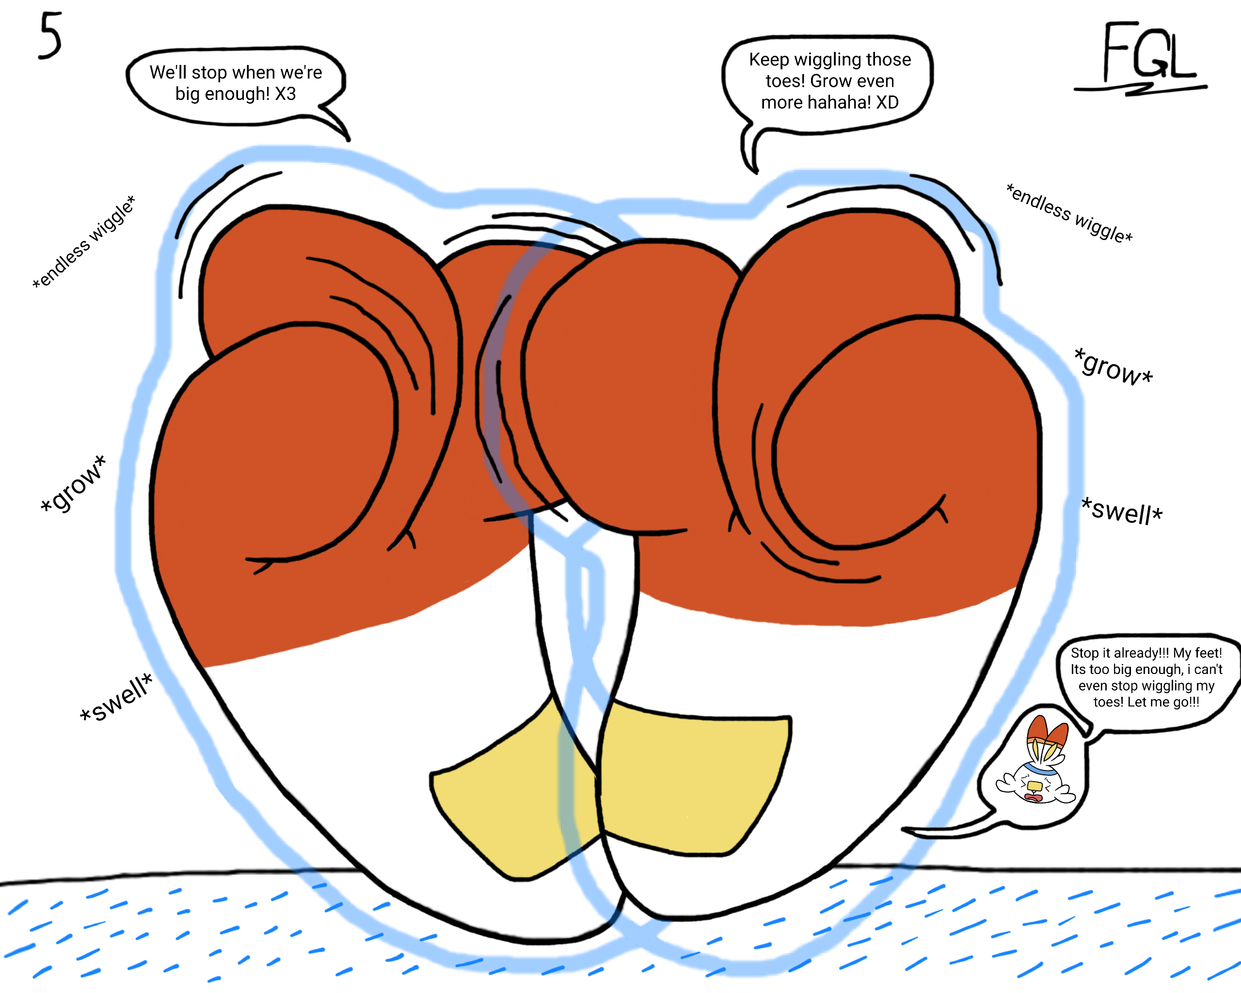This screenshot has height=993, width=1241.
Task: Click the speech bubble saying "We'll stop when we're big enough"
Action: coord(236,83)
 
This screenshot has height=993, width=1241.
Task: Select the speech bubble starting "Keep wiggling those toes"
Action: coord(829,81)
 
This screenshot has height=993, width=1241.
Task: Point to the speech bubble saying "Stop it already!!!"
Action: coord(1146,677)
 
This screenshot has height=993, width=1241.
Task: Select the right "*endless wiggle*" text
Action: coord(1069,213)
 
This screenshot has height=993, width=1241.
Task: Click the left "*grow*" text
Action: coord(74,483)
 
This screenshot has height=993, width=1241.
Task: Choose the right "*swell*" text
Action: coord(1122,511)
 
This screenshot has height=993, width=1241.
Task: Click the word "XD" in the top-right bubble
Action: coord(887,102)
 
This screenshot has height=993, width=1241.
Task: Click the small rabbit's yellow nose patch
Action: coord(1034,786)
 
